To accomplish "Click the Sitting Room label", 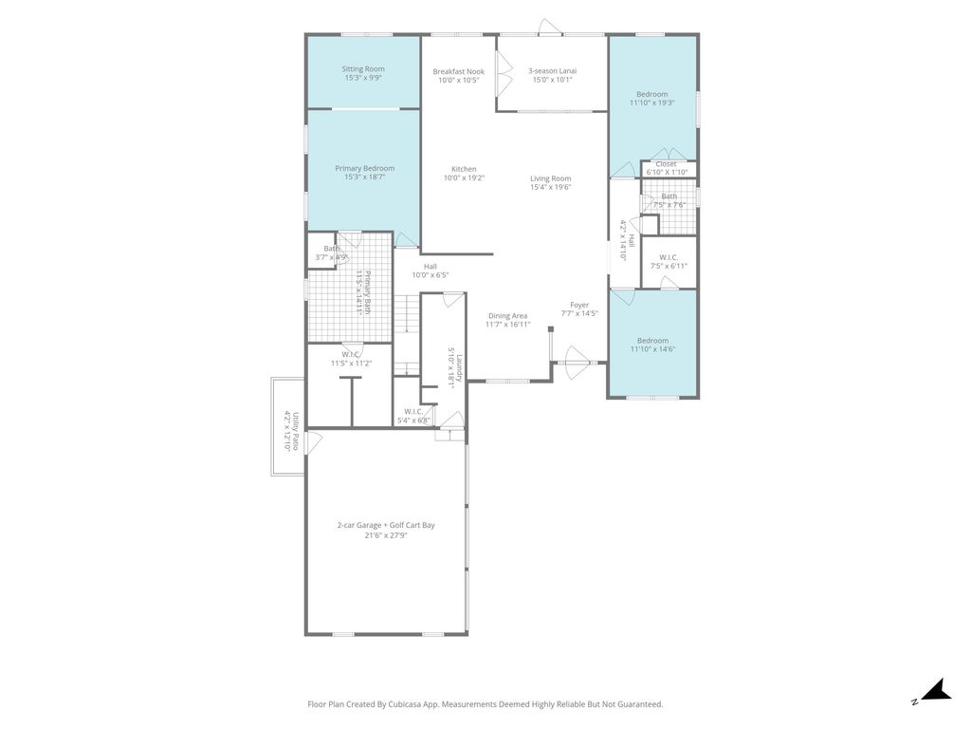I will [363, 69].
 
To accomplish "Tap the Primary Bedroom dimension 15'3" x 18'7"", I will [364, 178].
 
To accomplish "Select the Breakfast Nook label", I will [458, 71].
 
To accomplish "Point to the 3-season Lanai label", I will [552, 71].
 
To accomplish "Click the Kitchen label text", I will [464, 169].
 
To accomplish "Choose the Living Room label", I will [550, 178].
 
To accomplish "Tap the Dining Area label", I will [507, 316].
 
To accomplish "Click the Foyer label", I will [579, 305].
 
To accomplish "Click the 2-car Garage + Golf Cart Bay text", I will [385, 525].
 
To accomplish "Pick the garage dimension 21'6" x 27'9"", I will [385, 535].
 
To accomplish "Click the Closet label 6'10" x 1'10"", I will [666, 164].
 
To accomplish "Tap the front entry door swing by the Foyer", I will [576, 361].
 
